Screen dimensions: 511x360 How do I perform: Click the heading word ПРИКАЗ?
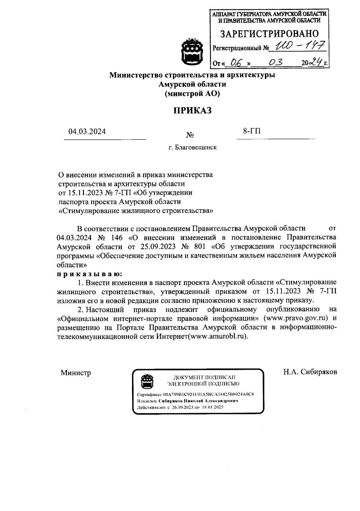pos(192,110)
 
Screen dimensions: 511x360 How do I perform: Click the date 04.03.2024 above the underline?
pos(87,131)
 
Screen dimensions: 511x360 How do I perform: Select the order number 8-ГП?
pos(252,131)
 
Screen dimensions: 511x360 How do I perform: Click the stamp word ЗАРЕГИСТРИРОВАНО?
pos(270,34)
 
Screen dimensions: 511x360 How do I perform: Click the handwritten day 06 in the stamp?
pos(232,62)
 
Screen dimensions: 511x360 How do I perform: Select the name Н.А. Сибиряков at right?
pos(310,372)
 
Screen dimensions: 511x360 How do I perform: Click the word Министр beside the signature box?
pos(76,373)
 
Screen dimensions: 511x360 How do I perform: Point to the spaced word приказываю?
pos(89,274)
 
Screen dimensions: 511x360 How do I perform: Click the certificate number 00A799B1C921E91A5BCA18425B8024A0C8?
pos(208,394)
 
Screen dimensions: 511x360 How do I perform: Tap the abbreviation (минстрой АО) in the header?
pos(192,94)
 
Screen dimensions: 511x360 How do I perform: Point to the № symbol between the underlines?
pos(190,135)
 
